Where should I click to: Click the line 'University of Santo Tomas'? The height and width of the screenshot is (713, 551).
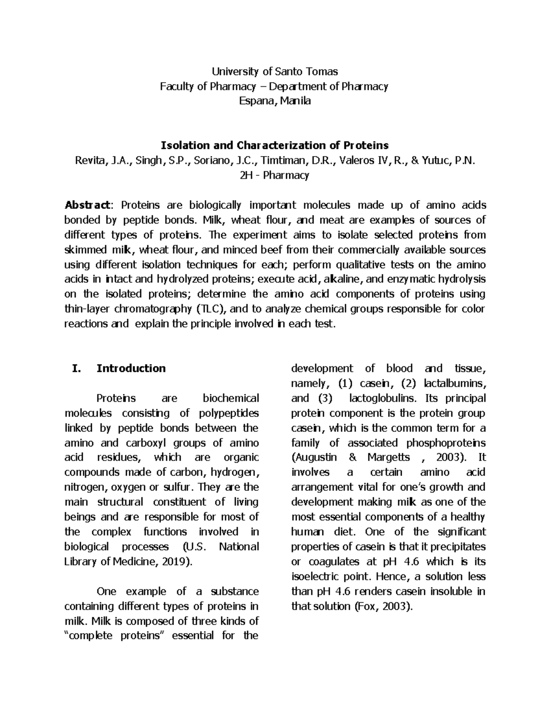(x=274, y=72)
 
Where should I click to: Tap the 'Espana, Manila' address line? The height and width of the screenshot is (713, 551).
(x=274, y=101)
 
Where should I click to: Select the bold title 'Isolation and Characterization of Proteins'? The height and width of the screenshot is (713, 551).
(x=274, y=146)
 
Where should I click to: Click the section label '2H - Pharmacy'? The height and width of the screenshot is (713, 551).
(x=274, y=175)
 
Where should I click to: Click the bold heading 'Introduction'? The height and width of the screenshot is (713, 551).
(x=131, y=369)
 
